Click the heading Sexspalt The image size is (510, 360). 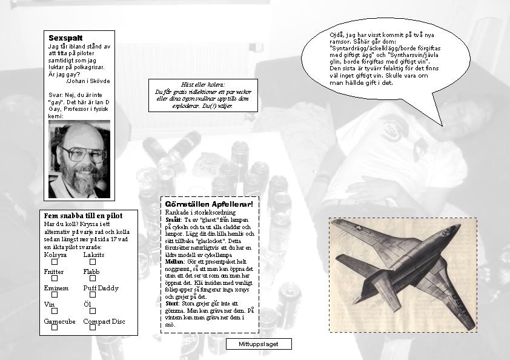65,38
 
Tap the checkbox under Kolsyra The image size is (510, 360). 55,262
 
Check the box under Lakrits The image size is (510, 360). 93,262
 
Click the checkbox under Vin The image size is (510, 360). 55,311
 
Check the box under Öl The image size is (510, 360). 93,311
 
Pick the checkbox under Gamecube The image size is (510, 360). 55,327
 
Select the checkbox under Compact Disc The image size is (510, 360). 93,327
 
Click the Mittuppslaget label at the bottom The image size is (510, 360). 258,344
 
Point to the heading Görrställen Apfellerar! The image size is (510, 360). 208,204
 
